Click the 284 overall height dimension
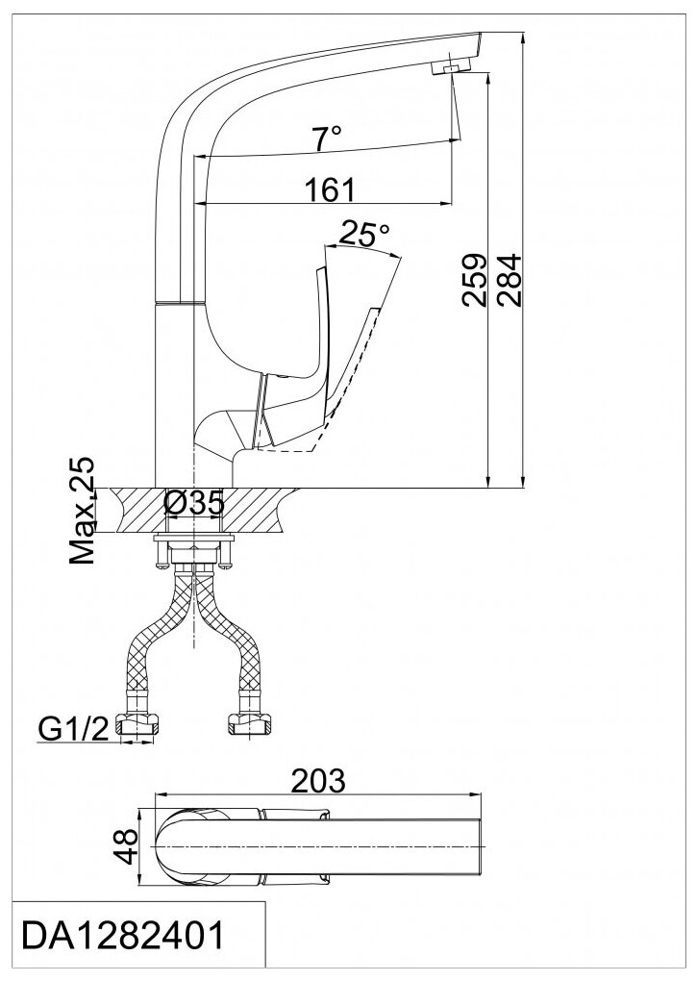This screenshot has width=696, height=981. click(x=507, y=279)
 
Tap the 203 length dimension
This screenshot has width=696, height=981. click(x=318, y=781)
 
